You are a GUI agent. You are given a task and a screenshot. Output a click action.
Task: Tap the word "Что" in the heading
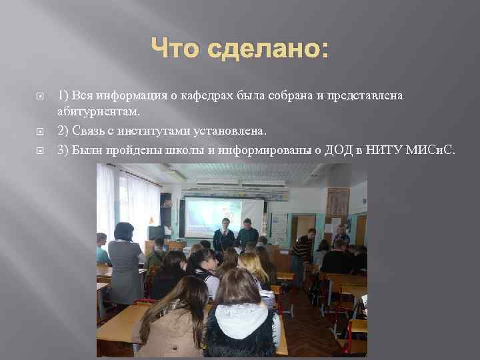coord(177,49)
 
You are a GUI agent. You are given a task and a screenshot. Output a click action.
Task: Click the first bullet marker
coord(39,97)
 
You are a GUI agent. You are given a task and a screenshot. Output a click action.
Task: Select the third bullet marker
coord(39,149)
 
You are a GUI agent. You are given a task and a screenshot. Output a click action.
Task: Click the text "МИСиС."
coord(431,149)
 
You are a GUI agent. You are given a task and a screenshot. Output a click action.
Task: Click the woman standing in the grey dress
coord(125,263)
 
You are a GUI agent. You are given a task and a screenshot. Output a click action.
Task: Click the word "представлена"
coord(365,96)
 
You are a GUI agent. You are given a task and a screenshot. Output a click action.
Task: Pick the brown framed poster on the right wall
coord(338,203)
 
